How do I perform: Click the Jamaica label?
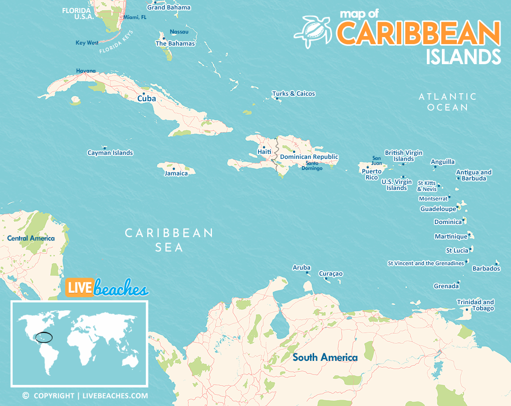click(x=176, y=173)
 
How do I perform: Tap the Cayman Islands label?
click(x=110, y=153)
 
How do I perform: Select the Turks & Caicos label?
click(x=294, y=94)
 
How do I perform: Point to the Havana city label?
click(x=86, y=71)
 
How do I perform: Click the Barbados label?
click(x=486, y=269)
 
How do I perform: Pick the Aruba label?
click(x=302, y=268)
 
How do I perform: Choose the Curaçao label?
click(x=331, y=274)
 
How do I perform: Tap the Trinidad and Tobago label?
click(x=475, y=305)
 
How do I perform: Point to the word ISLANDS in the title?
click(x=463, y=56)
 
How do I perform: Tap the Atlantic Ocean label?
click(x=447, y=102)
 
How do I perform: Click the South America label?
click(x=325, y=357)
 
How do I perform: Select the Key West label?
click(x=87, y=43)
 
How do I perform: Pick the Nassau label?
click(x=179, y=32)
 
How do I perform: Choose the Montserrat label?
click(x=433, y=198)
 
